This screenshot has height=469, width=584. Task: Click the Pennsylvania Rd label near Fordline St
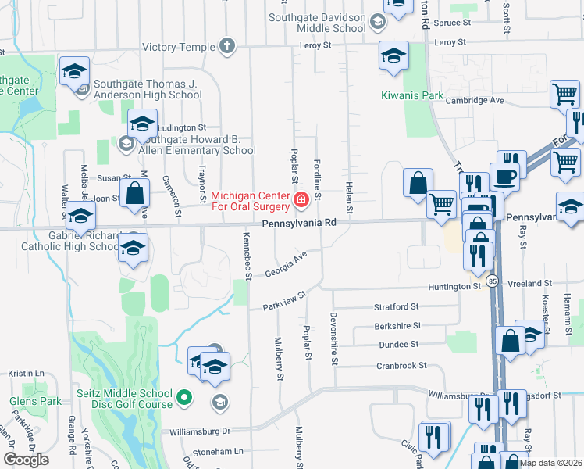[299, 223]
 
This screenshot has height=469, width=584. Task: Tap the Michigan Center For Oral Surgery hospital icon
[300, 202]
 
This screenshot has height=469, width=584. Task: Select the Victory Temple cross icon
[227, 47]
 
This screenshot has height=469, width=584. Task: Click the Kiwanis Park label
[411, 96]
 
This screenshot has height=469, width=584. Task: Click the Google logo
[26, 459]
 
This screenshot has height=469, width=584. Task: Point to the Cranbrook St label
[401, 365]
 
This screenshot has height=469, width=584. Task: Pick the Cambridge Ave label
[475, 100]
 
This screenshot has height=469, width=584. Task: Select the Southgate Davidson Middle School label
[317, 23]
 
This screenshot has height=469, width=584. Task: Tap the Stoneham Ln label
[218, 452]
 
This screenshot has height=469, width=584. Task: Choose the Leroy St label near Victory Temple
[316, 45]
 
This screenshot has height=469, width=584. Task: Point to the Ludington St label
[181, 127]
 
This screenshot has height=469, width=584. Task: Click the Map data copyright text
[550, 463]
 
